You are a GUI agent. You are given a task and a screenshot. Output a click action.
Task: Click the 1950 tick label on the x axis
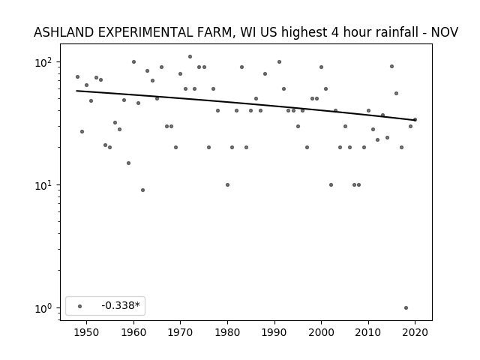(x=87, y=332)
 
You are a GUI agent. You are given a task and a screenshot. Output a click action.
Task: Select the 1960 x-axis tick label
(x=133, y=332)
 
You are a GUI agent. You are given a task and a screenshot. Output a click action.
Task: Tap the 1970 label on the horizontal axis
(x=181, y=332)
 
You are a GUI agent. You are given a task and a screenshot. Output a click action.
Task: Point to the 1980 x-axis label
(x=227, y=332)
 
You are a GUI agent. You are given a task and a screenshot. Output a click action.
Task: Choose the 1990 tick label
(x=274, y=332)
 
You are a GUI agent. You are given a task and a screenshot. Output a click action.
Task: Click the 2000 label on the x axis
(x=322, y=332)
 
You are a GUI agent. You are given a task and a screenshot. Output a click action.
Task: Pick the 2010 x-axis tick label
(x=368, y=332)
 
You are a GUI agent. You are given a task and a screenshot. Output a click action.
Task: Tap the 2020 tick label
(x=415, y=332)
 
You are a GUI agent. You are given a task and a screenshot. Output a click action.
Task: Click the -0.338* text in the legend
(x=121, y=305)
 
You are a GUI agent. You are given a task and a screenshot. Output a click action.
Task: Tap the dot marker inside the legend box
(x=80, y=306)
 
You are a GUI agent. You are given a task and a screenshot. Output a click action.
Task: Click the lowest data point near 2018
(x=406, y=308)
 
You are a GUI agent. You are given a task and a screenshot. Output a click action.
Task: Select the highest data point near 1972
(x=190, y=57)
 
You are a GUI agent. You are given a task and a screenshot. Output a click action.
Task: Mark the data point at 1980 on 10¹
(x=227, y=185)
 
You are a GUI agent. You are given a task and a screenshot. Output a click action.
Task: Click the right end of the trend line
(x=415, y=120)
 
